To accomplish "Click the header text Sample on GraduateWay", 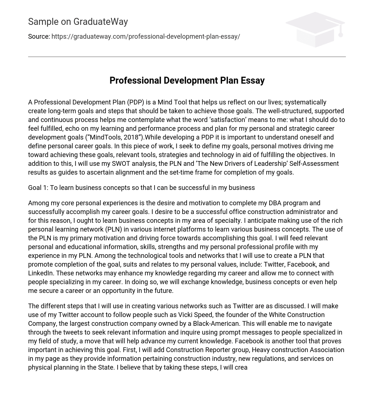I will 78,22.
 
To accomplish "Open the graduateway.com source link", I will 146,37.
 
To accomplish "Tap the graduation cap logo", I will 316,30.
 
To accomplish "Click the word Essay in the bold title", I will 252,81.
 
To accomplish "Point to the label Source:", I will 39,37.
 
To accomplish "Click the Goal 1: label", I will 38,188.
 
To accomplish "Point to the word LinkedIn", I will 41,273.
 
